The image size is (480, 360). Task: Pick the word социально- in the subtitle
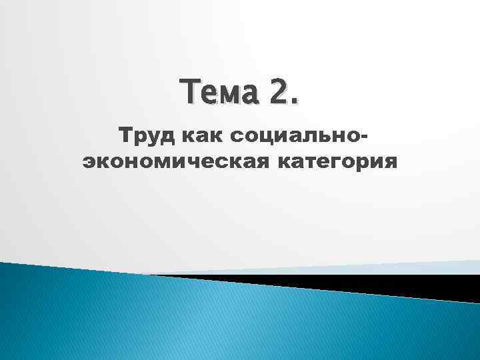[x=295, y=137]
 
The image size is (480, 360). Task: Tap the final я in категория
[x=389, y=162]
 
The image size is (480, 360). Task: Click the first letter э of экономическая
[x=87, y=162]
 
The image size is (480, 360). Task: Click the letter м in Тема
[x=229, y=93]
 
